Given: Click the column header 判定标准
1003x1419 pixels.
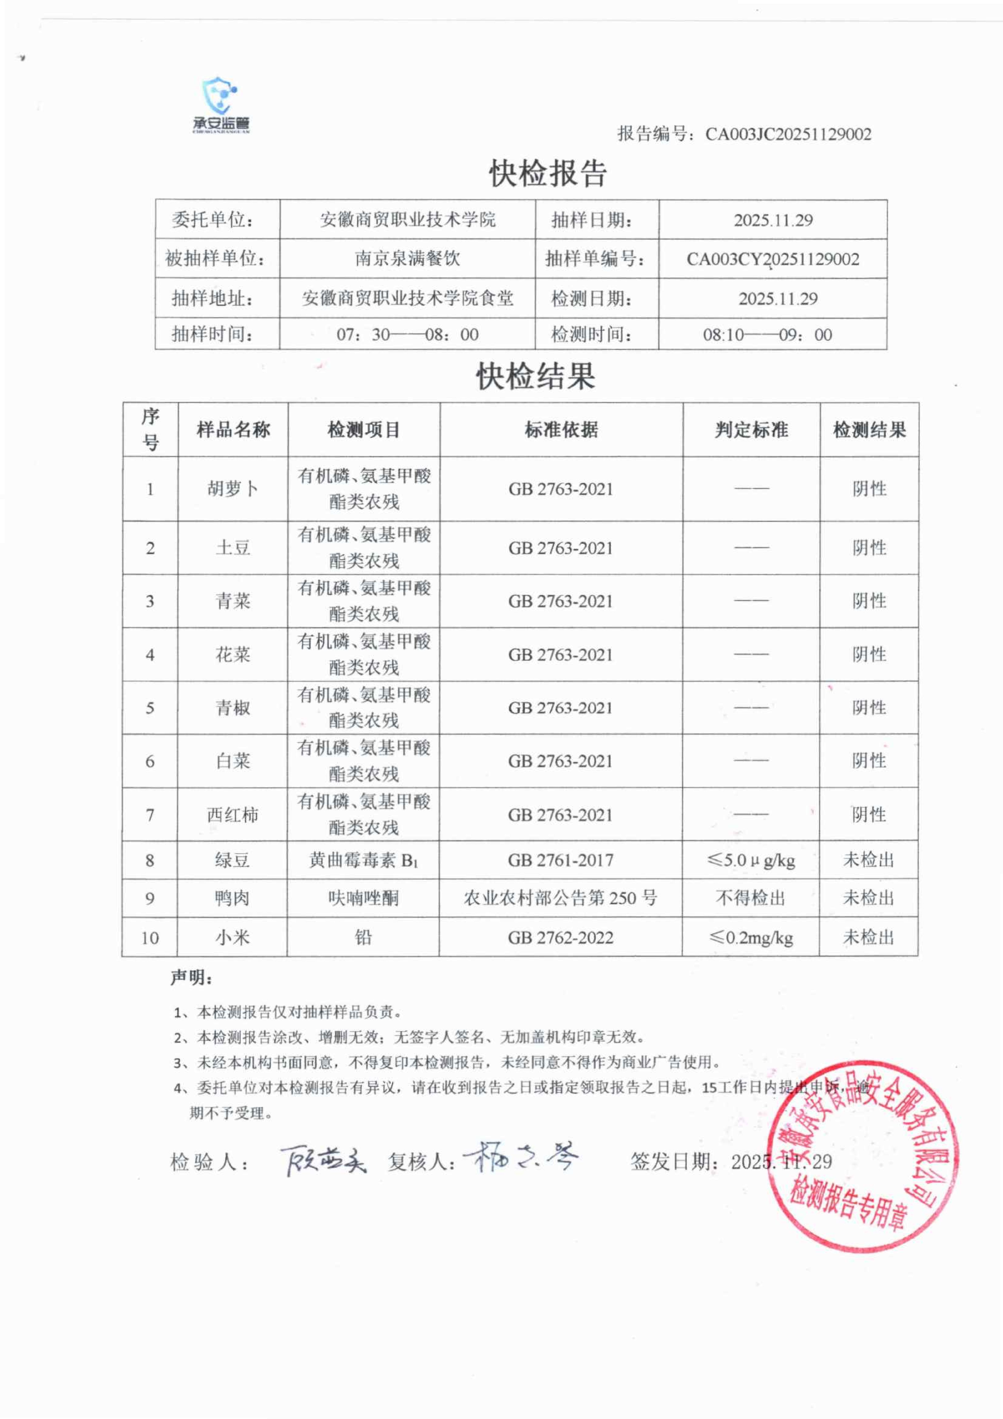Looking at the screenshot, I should click(751, 430).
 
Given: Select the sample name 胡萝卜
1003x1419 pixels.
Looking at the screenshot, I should click(233, 489).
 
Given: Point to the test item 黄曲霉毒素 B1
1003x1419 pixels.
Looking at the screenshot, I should click(363, 860).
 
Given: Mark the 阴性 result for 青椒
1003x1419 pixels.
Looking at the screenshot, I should click(869, 708).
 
